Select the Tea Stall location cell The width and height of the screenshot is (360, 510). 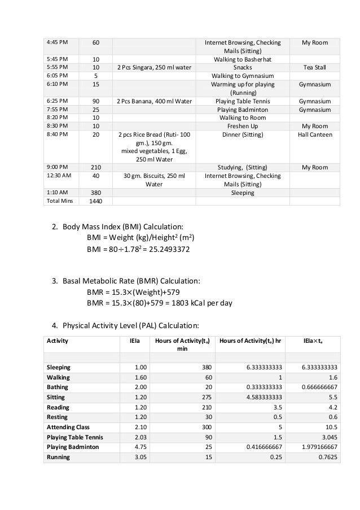315,67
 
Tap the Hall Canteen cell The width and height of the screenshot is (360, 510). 315,135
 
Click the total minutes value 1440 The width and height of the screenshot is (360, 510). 96,200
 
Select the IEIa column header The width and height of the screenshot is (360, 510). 135,341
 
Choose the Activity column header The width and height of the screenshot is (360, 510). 56,341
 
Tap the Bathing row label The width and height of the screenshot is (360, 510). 57,387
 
